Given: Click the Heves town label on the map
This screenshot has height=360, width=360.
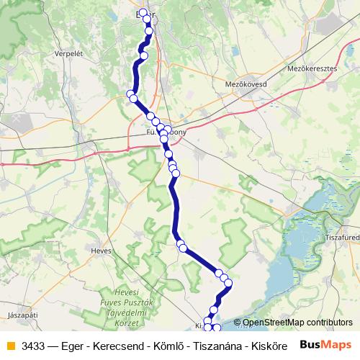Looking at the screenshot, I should point(102,251).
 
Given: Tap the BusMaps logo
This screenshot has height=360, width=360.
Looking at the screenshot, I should point(325,345).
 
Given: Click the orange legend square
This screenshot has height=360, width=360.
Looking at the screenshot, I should point(10,346).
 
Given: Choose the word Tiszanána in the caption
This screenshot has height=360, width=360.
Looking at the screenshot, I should point(213,346).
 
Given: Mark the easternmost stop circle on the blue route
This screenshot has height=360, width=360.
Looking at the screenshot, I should point(228,283).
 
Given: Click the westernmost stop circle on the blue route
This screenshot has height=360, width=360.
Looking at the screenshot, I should point(130,94).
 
